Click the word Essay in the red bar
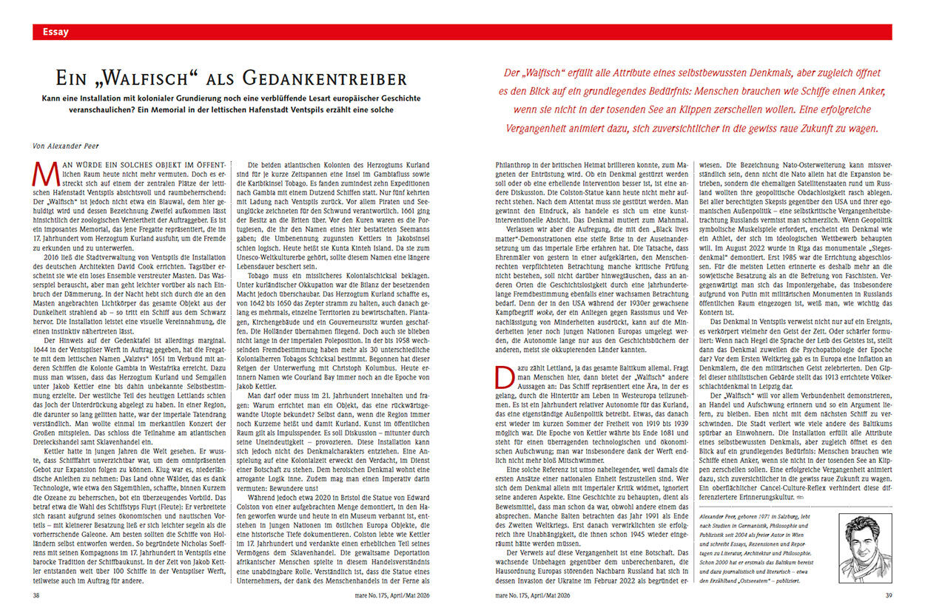[x=56, y=32]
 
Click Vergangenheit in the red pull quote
[x=533, y=127]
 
